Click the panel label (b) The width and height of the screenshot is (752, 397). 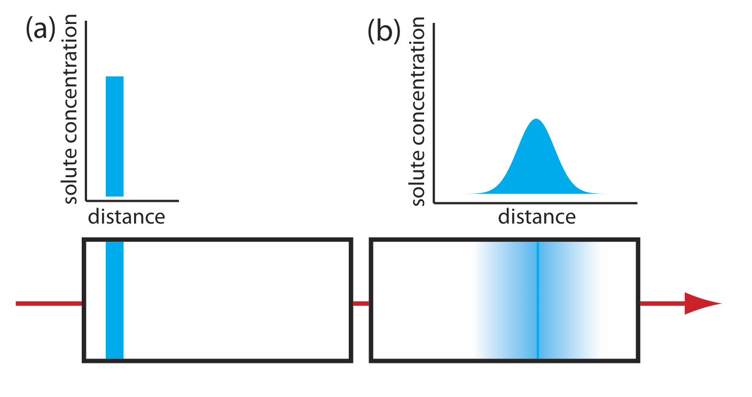383,33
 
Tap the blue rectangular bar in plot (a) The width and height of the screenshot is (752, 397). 115,136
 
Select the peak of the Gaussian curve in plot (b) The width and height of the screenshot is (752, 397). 536,121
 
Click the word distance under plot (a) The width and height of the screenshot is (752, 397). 126,217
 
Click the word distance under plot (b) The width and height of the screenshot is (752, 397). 537,217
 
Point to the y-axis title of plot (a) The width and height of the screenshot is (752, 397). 71,109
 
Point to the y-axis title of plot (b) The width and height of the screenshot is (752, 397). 419,111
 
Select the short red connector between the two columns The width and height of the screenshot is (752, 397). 361,304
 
